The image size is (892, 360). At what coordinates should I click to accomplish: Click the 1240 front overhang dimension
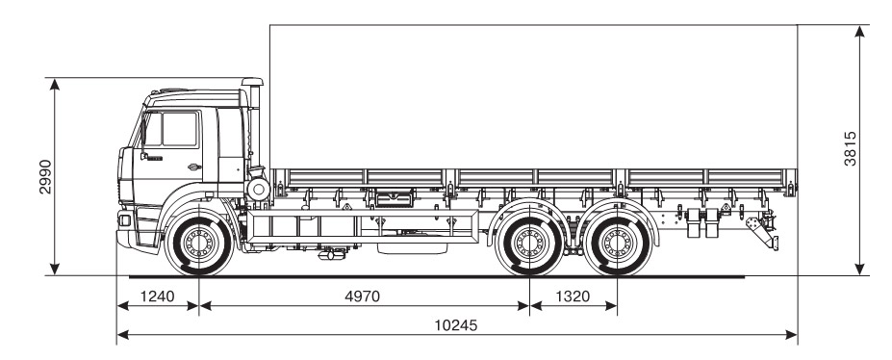click(x=157, y=296)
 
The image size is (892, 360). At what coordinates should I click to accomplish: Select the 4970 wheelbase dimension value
click(x=363, y=296)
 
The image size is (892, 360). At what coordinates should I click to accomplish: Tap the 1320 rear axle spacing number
click(x=573, y=296)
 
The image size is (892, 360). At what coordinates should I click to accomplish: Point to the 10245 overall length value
click(x=456, y=325)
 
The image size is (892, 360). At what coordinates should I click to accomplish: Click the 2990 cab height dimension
click(x=45, y=176)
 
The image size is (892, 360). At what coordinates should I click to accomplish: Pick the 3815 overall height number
click(x=850, y=148)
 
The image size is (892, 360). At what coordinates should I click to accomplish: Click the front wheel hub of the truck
click(x=198, y=243)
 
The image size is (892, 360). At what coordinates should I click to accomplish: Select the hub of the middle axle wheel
click(x=529, y=243)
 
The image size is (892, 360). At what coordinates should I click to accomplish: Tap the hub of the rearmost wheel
click(x=617, y=243)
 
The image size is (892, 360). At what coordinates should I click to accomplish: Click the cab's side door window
click(x=179, y=130)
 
